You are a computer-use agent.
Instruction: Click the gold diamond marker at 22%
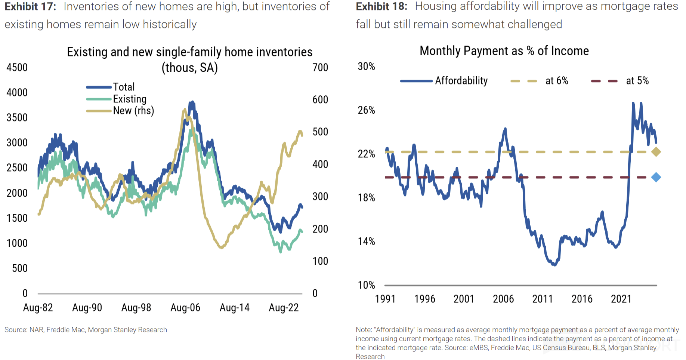pyautogui.click(x=656, y=152)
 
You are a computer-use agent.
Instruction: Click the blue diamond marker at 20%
pyautogui.click(x=656, y=177)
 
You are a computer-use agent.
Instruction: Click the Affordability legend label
pyautogui.click(x=461, y=81)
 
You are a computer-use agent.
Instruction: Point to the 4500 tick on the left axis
pyautogui.click(x=17, y=68)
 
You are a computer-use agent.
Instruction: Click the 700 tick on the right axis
pyautogui.click(x=320, y=68)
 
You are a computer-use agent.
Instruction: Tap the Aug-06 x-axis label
pyautogui.click(x=185, y=308)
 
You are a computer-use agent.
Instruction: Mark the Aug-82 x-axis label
pyautogui.click(x=38, y=308)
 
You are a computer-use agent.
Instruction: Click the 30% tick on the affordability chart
pyautogui.click(x=366, y=67)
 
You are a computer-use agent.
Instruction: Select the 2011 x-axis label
pyautogui.click(x=543, y=299)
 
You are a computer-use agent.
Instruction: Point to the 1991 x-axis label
pyautogui.click(x=385, y=299)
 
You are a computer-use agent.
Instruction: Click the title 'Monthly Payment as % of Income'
pyautogui.click(x=504, y=51)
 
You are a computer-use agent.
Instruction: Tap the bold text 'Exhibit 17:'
pyautogui.click(x=30, y=6)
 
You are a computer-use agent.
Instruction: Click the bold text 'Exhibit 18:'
pyautogui.click(x=381, y=6)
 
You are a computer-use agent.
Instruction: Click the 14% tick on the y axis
pyautogui.click(x=366, y=241)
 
